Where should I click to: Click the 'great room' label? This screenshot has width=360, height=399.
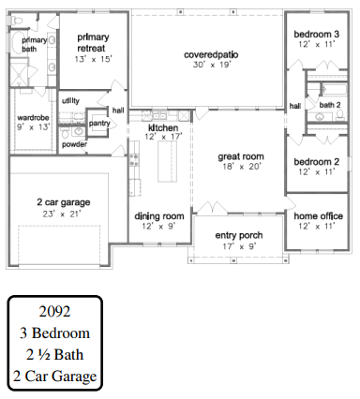coord(241,156)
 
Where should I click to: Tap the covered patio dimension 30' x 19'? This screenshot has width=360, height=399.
coord(212,65)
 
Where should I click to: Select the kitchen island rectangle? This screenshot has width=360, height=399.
coord(167,161)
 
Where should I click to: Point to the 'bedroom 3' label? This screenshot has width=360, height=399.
coord(317,34)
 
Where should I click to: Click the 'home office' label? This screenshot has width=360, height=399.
coord(318,215)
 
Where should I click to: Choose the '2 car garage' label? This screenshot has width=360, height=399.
coord(64,202)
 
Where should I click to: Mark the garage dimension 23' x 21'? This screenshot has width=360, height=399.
coord(62,214)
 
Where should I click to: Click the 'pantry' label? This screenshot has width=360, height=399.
coord(99,123)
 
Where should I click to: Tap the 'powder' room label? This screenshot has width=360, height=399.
coord(74,144)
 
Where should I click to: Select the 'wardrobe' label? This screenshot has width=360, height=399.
coord(33,118)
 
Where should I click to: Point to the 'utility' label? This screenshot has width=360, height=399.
coord(70,101)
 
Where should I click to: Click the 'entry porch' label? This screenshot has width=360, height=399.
coord(239,235)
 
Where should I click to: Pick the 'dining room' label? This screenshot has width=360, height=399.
coord(159,216)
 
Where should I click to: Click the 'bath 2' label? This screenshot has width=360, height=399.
coord(330,105)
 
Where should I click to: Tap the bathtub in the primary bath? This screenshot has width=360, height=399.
coord(18,43)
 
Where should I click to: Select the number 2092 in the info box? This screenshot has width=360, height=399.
coord(54,311)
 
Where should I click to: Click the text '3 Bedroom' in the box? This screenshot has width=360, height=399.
coord(54,332)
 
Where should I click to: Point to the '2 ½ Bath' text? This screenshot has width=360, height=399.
coord(54,354)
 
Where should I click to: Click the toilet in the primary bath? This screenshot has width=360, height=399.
coord(16,21)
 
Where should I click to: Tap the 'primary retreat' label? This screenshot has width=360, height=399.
coord(93,43)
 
